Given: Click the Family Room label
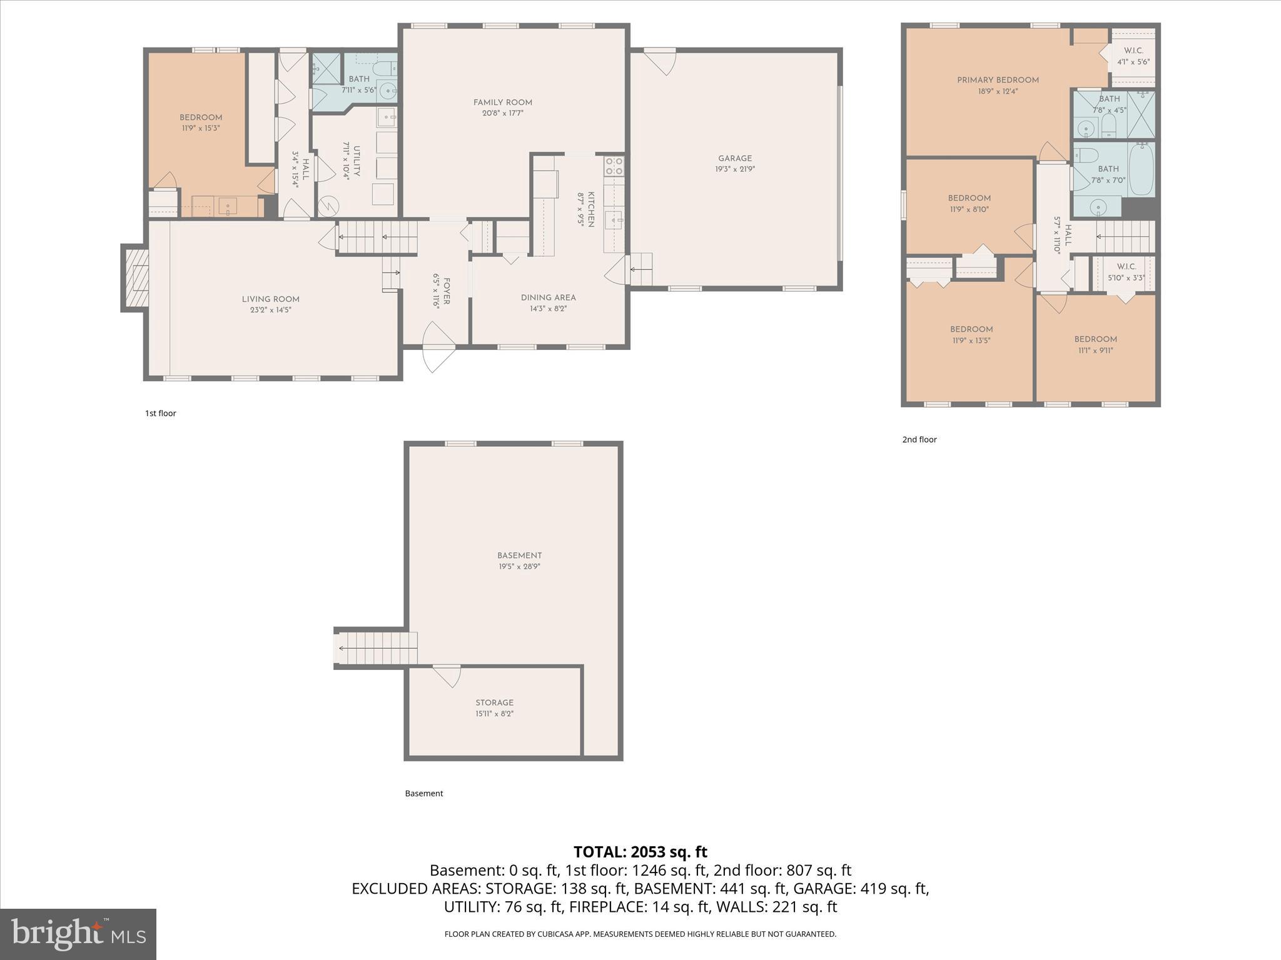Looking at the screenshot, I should pyautogui.click(x=502, y=102).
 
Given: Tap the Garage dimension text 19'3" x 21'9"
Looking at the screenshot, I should pyautogui.click(x=735, y=169).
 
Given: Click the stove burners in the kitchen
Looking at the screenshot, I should pyautogui.click(x=614, y=166).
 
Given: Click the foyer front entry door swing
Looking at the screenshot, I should pyautogui.click(x=438, y=348).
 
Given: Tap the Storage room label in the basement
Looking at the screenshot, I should pyautogui.click(x=494, y=702).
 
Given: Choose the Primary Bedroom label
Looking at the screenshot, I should pyautogui.click(x=998, y=80).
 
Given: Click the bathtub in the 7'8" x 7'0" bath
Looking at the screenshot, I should pyautogui.click(x=1141, y=168).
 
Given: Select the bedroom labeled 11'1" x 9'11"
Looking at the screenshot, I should pyautogui.click(x=1095, y=344).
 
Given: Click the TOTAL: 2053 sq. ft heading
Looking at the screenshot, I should pyautogui.click(x=640, y=852).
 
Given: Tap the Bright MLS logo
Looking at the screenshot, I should pyautogui.click(x=78, y=934).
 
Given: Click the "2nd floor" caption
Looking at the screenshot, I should pyautogui.click(x=919, y=439).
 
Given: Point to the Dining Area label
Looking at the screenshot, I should pyautogui.click(x=548, y=297).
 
